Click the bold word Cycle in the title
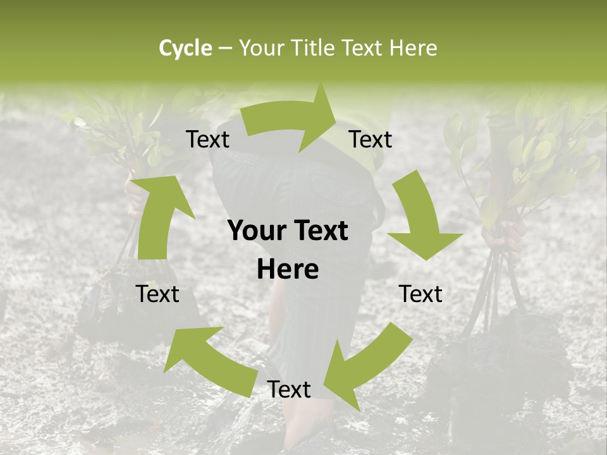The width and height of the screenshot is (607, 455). (185, 48)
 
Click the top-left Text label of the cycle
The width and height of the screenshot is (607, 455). (207, 140)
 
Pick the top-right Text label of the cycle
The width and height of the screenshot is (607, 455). (371, 140)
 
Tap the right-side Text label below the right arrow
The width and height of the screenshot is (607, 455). (420, 294)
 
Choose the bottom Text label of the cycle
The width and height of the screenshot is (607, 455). (289, 389)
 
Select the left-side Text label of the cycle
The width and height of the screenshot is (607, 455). (157, 294)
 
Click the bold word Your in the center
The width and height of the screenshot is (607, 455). (255, 231)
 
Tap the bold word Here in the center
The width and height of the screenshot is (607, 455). (288, 270)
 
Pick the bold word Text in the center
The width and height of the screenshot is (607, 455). (319, 231)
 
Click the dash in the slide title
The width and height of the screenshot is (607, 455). (224, 48)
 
